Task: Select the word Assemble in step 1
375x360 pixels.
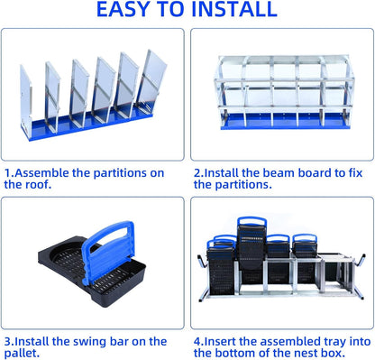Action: [x=49, y=171]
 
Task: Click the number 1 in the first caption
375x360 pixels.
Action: [x=7, y=171]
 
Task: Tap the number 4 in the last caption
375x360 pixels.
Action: [x=197, y=341]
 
